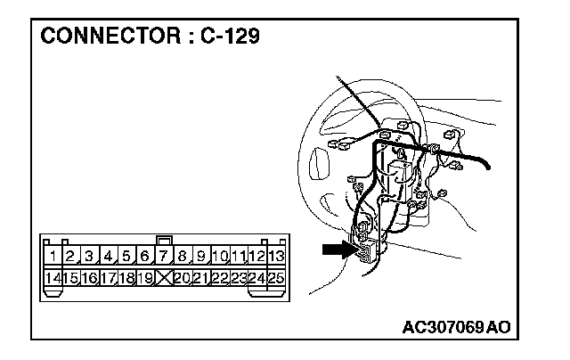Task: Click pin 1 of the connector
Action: (x=54, y=257)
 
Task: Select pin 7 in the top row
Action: (x=165, y=257)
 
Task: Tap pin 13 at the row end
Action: (x=276, y=257)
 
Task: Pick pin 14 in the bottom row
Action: (x=53, y=278)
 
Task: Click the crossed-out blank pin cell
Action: (x=164, y=278)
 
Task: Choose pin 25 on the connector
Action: (x=276, y=278)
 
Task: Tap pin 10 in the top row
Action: (x=221, y=257)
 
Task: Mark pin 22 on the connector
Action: (x=220, y=278)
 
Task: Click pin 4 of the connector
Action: (x=110, y=257)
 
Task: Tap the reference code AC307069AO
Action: (x=456, y=326)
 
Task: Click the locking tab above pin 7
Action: (x=163, y=240)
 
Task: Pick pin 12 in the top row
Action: (x=257, y=257)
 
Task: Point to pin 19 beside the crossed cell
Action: (x=146, y=278)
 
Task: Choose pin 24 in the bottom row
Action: (x=257, y=278)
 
